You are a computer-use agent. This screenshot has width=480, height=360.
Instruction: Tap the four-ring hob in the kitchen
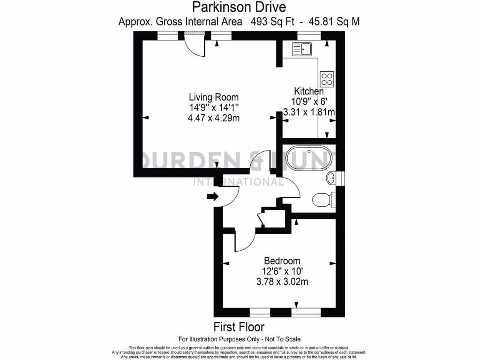(x=327, y=79)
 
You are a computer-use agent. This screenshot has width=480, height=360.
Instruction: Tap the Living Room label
(x=213, y=97)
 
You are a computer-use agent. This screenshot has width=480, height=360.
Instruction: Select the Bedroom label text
(x=282, y=261)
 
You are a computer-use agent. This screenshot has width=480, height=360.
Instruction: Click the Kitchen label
(x=308, y=91)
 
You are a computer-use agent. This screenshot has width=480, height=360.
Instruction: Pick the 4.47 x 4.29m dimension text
(x=213, y=118)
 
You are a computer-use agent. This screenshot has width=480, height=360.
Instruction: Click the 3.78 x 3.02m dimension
(x=282, y=282)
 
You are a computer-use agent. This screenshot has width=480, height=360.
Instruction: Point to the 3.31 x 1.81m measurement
(x=309, y=112)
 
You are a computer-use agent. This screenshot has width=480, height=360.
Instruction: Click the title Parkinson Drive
(x=239, y=7)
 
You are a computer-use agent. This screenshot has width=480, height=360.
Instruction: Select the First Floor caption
(x=239, y=326)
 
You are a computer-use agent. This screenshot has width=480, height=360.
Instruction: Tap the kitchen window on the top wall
(x=309, y=34)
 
